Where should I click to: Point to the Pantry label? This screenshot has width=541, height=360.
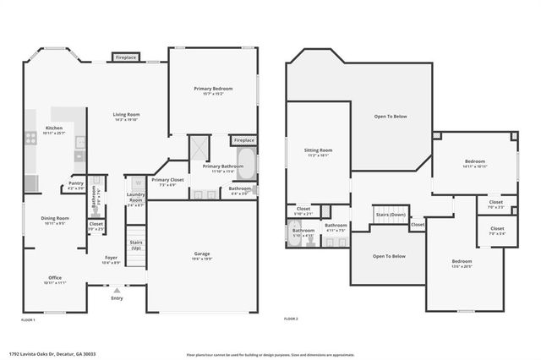[76, 183]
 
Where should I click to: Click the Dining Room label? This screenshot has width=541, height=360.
[55, 218]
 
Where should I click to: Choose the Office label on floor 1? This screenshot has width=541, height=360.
[55, 277]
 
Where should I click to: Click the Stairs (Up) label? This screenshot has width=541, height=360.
[136, 244]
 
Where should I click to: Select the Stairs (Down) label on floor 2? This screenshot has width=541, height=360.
[391, 215]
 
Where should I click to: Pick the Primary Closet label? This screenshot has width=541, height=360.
[167, 179]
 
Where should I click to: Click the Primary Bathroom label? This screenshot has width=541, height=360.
[221, 166]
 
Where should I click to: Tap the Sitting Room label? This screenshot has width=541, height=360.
[318, 150]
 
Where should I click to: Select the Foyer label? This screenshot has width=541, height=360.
[111, 258]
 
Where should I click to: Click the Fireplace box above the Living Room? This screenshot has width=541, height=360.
[126, 57]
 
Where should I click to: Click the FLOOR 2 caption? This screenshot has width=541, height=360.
[292, 319]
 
